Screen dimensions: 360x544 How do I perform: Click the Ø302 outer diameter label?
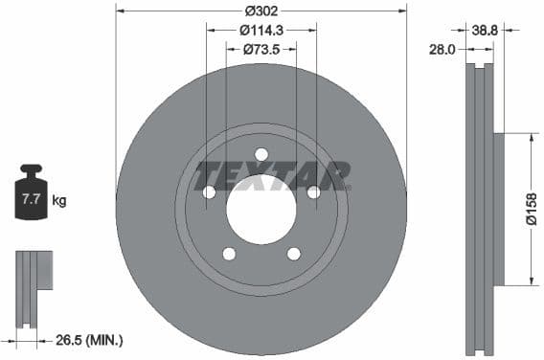pos(261,11)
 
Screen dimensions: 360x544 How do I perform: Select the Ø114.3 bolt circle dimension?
pos(261,30)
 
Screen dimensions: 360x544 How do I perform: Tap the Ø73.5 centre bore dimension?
pos(261,48)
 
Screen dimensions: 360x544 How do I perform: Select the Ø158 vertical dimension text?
pos(532,208)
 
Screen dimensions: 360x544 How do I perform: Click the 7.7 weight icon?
pos(31,198)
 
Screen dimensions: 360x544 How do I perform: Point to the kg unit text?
pos(58,201)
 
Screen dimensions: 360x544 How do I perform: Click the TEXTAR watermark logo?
pos(272,176)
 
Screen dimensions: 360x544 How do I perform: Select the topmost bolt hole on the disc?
pos(261,155)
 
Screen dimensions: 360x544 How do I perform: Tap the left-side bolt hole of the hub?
pos(209,192)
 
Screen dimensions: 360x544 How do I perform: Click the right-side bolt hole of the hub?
pos(312,192)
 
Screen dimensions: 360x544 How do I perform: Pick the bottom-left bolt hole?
pos(229,254)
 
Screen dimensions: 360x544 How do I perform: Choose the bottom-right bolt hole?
pos(293,254)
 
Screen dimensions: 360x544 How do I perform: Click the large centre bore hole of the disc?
pos(261,209)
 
